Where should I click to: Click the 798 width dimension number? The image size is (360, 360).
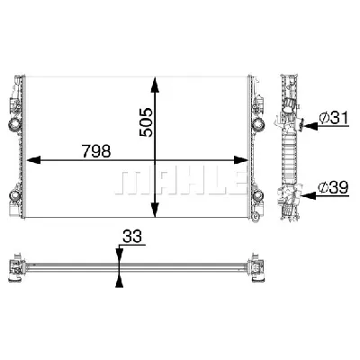click(x=96, y=151)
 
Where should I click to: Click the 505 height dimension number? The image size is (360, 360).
click(x=147, y=122)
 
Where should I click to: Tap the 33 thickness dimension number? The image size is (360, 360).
click(x=131, y=237)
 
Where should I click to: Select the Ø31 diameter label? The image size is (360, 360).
click(x=334, y=118)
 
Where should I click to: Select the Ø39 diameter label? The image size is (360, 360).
click(x=333, y=188)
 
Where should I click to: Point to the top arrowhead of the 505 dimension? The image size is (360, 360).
click(x=155, y=85)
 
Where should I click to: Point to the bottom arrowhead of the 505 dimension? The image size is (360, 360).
click(x=155, y=210)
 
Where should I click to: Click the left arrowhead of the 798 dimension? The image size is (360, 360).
click(x=33, y=160)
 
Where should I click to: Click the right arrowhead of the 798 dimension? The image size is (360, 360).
click(x=241, y=160)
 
